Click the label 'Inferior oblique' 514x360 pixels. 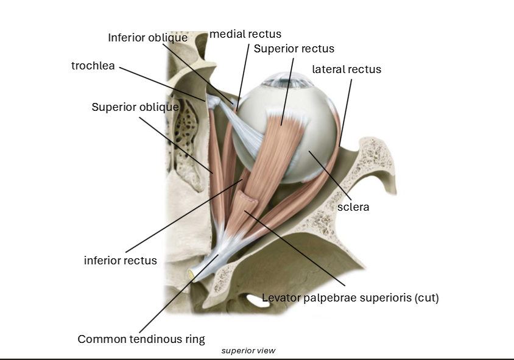tap(147, 38)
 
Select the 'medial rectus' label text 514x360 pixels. tap(245, 34)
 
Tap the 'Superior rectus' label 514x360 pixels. tap(294, 48)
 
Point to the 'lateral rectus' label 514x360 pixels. tap(347, 69)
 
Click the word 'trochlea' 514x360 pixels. tap(93, 66)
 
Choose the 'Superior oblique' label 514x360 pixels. tap(135, 107)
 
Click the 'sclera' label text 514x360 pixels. tap(353, 207)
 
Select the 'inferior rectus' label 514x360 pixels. tap(120, 261)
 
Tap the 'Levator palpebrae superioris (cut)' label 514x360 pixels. tap(350, 298)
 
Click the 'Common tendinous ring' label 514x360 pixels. tap(141, 339)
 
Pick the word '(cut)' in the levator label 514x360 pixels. tap(426, 298)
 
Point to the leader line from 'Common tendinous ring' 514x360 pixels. tap(177, 298)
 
